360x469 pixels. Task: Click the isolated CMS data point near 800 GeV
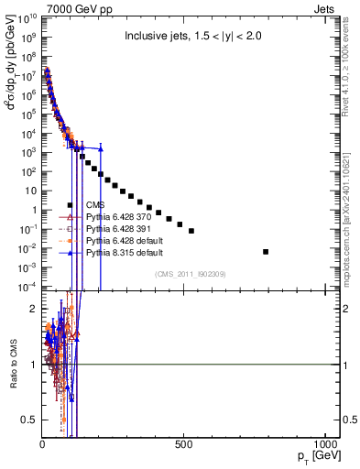266,251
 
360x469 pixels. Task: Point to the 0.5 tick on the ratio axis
30,420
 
